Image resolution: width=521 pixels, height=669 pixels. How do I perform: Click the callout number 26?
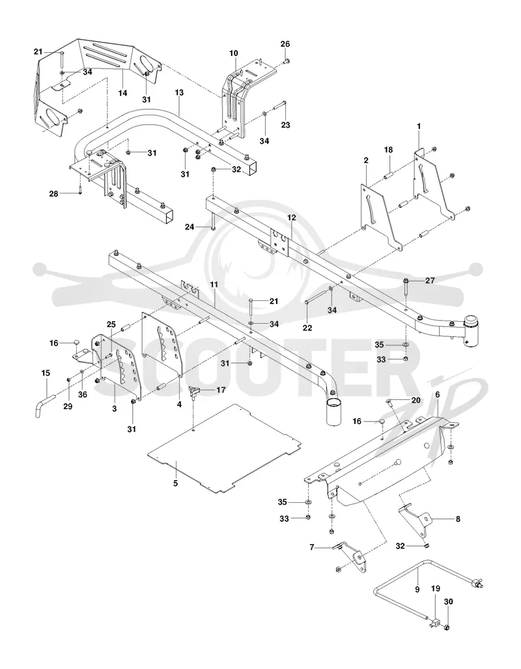click(x=285, y=44)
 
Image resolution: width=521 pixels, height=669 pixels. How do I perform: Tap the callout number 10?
click(x=234, y=53)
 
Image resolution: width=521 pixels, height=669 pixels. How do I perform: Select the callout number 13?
click(x=179, y=93)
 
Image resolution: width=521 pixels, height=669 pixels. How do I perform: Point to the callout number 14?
click(x=123, y=93)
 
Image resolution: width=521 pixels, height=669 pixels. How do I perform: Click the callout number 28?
click(x=54, y=193)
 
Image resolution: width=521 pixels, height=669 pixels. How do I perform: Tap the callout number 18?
click(x=388, y=150)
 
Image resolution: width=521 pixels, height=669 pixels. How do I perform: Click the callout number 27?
click(x=430, y=280)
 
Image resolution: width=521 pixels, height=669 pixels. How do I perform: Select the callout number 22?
click(x=307, y=328)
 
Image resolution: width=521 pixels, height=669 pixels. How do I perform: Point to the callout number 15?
click(x=46, y=373)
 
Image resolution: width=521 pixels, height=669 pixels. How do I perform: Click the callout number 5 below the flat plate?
click(x=175, y=483)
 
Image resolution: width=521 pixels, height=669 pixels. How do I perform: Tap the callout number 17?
click(x=221, y=390)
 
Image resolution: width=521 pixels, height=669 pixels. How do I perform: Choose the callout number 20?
click(x=416, y=400)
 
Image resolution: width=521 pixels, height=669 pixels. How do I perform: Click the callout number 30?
click(x=449, y=602)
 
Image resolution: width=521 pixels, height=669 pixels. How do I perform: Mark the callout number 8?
click(x=458, y=519)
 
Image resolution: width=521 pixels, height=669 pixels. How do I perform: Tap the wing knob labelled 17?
click(x=195, y=391)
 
